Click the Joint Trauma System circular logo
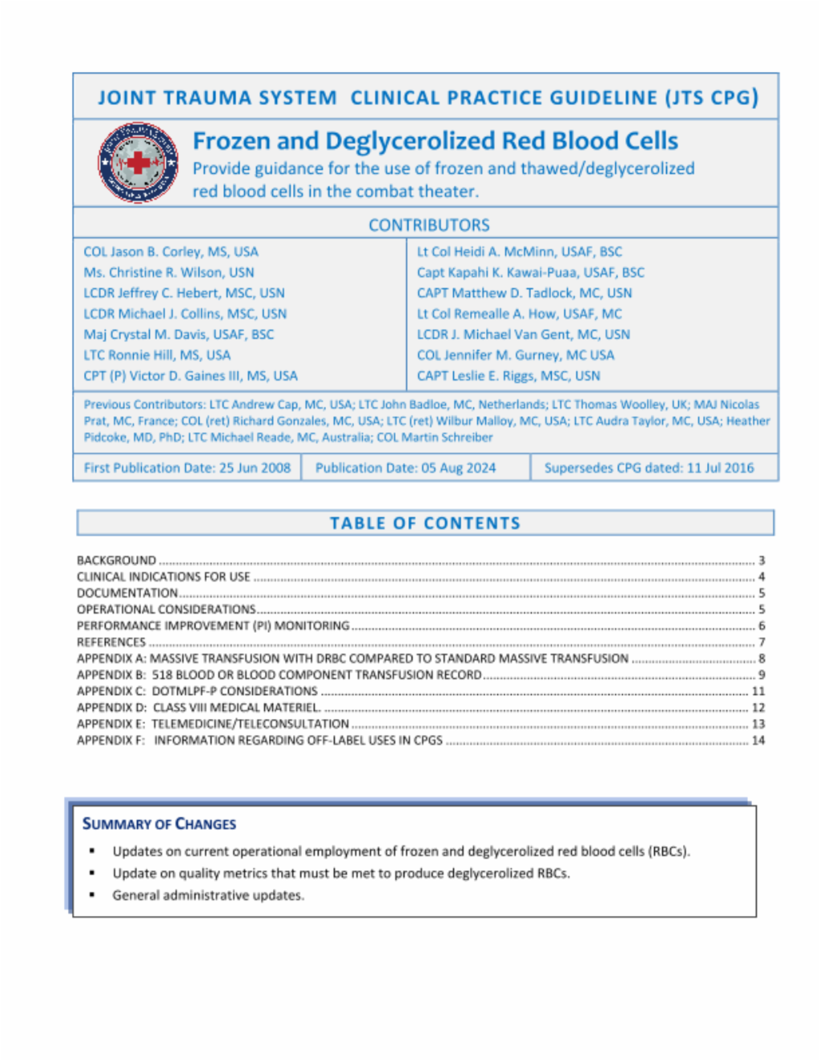tap(138, 163)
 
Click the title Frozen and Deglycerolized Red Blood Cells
tap(435, 141)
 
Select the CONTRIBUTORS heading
tap(428, 225)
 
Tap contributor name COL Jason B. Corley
tap(171, 251)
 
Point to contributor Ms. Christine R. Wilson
tap(168, 272)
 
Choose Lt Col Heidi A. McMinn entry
tap(519, 251)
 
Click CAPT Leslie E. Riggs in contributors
tap(508, 376)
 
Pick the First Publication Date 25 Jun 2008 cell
tap(187, 468)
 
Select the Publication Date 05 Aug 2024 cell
tap(405, 468)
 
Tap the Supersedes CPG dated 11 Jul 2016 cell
tap(649, 468)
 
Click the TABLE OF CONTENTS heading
tap(425, 524)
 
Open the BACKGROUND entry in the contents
tap(117, 561)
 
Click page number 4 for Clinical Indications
tap(762, 577)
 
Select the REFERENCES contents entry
tap(111, 642)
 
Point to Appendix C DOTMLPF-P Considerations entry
tap(197, 691)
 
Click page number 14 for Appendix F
tap(758, 740)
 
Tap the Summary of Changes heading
tap(159, 824)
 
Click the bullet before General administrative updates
tap(93, 895)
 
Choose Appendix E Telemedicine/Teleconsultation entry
tap(213, 724)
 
